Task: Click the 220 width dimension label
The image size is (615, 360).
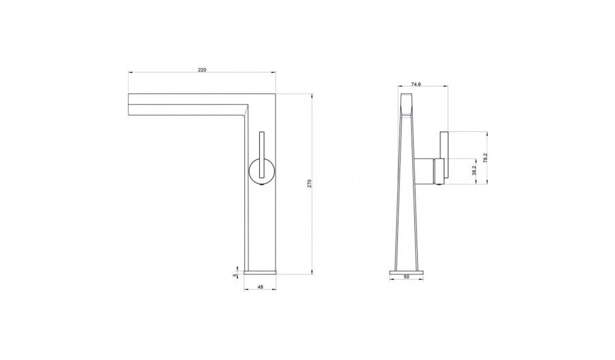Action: (x=202, y=70)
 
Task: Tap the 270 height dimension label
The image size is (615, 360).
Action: (x=309, y=183)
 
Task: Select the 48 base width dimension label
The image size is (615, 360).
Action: (x=260, y=287)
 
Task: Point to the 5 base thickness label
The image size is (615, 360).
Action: (x=235, y=276)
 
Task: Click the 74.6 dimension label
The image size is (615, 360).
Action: (x=416, y=84)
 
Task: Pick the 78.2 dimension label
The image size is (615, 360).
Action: (x=485, y=158)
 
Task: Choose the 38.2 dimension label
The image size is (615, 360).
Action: (x=473, y=171)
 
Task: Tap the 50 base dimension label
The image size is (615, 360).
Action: (x=406, y=276)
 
